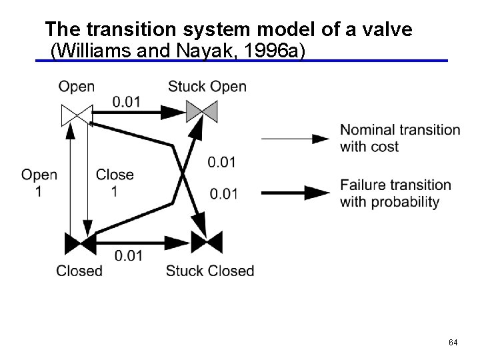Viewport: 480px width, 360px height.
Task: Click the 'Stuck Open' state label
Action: [x=207, y=87]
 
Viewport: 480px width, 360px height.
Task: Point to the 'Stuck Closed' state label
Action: [x=210, y=271]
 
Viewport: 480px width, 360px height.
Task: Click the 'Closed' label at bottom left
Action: [x=79, y=271]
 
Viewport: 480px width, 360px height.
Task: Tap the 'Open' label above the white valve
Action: [x=76, y=87]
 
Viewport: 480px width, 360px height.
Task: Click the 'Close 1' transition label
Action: [x=115, y=183]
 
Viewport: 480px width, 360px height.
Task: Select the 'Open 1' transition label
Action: [x=39, y=183]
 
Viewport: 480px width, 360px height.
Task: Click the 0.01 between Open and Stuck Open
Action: [x=126, y=101]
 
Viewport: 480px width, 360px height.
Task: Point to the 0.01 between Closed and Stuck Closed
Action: [x=129, y=256]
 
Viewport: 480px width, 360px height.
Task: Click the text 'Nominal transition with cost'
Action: [x=399, y=138]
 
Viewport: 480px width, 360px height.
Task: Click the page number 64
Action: [x=453, y=343]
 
